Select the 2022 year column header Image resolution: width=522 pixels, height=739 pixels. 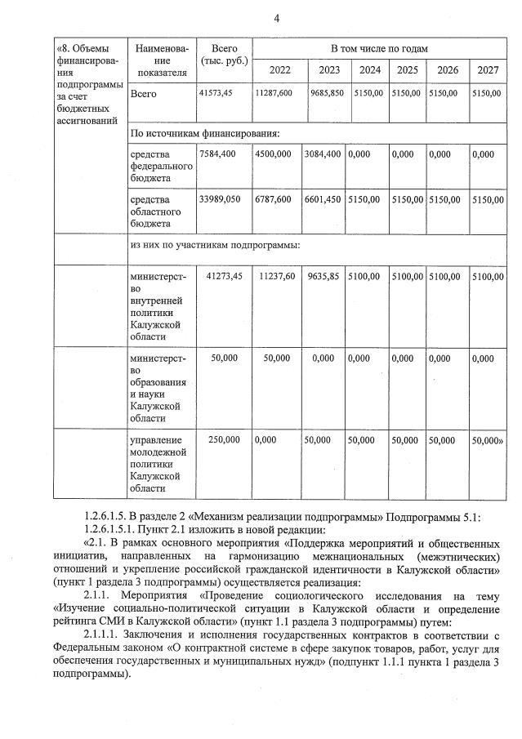click(x=274, y=69)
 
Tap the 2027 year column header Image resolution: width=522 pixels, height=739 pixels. click(x=488, y=69)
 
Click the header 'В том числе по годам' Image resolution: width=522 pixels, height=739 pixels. click(x=379, y=48)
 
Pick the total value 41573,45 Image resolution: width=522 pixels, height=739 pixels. click(x=216, y=93)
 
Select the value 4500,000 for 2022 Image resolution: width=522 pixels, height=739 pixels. click(x=273, y=154)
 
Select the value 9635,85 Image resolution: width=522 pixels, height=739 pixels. click(x=324, y=277)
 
